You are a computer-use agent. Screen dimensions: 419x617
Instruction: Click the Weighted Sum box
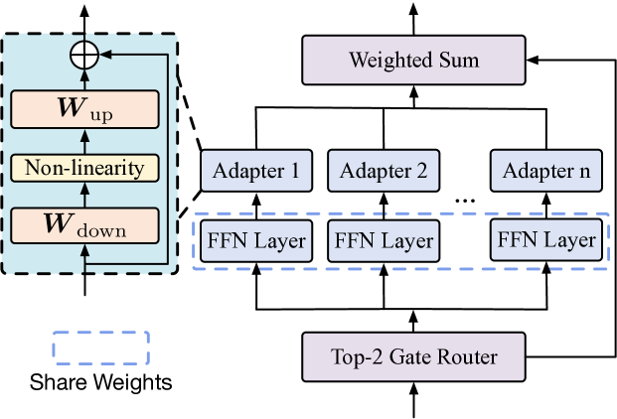click(413, 61)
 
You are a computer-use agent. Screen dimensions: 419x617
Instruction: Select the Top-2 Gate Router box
click(413, 356)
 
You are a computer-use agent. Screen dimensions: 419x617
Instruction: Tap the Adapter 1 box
click(255, 170)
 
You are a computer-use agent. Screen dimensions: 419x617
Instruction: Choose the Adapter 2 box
click(383, 170)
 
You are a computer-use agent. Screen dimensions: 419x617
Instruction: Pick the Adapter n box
click(546, 170)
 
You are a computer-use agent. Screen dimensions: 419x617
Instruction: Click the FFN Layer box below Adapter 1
click(255, 240)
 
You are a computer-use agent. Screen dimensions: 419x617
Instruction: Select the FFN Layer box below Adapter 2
click(383, 240)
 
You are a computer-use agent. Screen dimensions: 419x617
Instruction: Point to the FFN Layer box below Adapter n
click(546, 240)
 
